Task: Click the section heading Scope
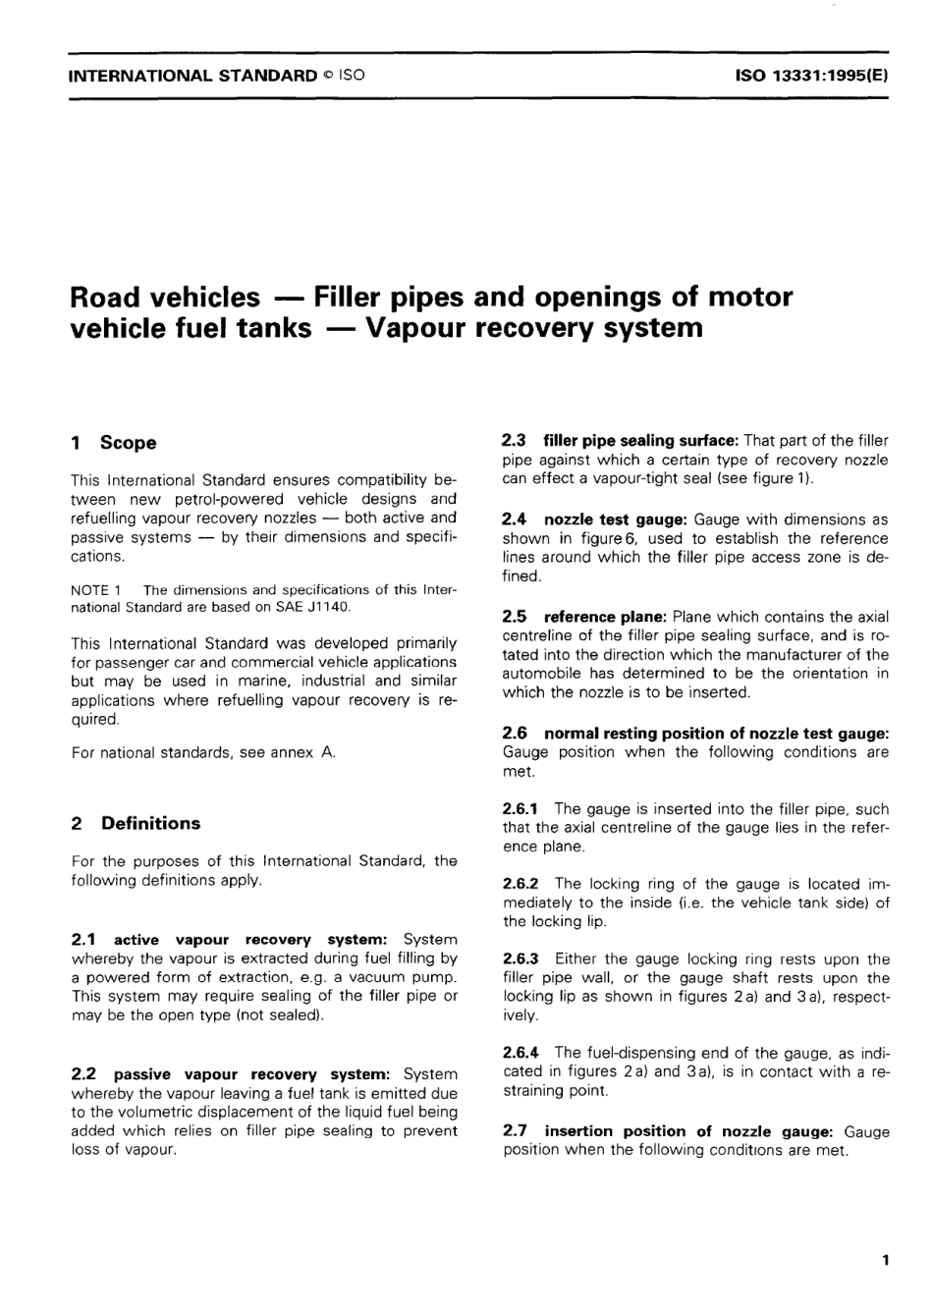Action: pyautogui.click(x=128, y=443)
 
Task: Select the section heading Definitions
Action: pyautogui.click(x=150, y=824)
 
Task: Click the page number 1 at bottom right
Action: pyautogui.click(x=885, y=1260)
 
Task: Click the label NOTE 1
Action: pyautogui.click(x=95, y=590)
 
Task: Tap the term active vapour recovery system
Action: pyautogui.click(x=251, y=940)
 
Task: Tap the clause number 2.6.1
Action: pyautogui.click(x=521, y=809)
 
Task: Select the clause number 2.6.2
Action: pyautogui.click(x=521, y=884)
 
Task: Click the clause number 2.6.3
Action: pyautogui.click(x=521, y=958)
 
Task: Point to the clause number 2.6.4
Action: pyautogui.click(x=521, y=1053)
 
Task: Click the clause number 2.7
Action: pyautogui.click(x=515, y=1131)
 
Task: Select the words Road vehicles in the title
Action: pyautogui.click(x=166, y=297)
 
